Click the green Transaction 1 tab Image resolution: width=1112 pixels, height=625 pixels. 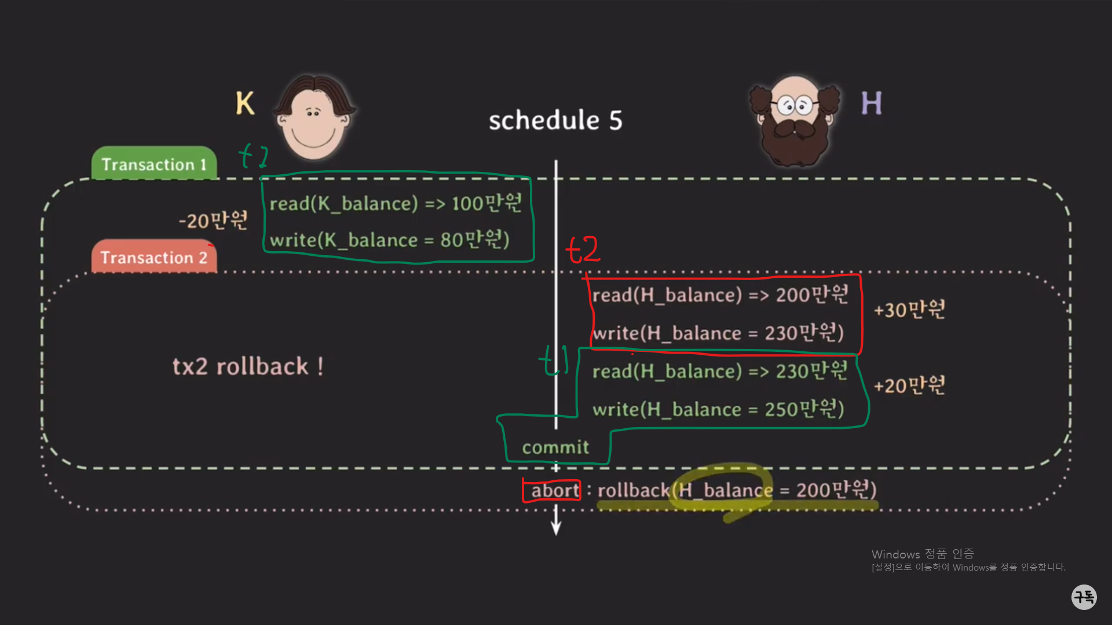pos(154,164)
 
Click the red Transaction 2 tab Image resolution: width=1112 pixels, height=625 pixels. pos(154,258)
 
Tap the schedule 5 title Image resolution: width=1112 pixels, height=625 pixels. pos(555,120)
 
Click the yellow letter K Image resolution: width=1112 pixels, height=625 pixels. pos(245,104)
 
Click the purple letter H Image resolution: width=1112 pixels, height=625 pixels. pos(871,104)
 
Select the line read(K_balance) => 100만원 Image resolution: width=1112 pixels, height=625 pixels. pos(396,203)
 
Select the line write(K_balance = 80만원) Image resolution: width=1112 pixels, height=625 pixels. pos(389,240)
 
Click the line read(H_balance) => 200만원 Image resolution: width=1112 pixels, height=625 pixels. pos(720,295)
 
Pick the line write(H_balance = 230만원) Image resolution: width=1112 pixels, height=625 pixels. pos(718,333)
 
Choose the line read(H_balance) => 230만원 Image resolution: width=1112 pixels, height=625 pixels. pos(720,371)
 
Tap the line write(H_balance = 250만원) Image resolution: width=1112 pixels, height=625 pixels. pos(718,409)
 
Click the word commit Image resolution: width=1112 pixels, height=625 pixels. pos(555,447)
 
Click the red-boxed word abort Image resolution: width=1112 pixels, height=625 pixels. pos(554,491)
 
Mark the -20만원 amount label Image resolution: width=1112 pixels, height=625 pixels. pos(213,220)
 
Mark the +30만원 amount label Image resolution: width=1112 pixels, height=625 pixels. pos(909,310)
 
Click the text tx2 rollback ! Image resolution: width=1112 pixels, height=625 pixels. pos(248,366)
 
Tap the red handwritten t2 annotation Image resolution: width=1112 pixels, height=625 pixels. pos(583,250)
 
